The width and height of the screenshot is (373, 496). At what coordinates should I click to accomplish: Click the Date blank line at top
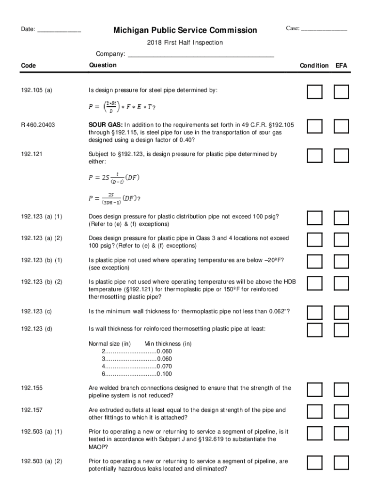59,31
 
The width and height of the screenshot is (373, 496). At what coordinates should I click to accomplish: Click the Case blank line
324,30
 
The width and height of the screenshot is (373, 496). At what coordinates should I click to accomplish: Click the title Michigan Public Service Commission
186,31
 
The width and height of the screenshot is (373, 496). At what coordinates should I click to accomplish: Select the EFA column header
342,65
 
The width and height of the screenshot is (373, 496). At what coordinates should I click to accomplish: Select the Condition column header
314,65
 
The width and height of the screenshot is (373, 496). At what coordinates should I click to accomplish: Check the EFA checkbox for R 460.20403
342,126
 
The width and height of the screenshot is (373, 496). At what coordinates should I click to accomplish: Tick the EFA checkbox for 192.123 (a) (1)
342,218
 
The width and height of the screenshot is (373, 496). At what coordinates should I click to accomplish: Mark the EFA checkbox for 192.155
342,389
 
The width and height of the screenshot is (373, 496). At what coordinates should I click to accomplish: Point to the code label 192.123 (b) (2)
42,282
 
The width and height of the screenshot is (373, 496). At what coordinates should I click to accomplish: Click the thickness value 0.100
164,374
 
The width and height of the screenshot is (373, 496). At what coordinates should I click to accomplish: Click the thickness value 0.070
164,367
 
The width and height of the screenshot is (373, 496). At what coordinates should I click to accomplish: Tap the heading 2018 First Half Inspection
185,43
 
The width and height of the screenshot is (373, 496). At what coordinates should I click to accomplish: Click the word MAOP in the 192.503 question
97,447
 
